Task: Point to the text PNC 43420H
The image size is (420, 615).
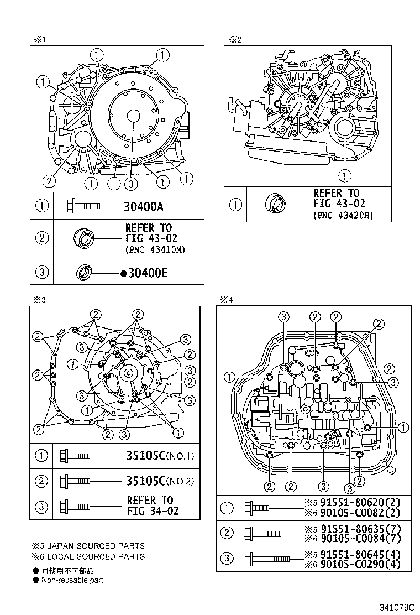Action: pos(343,215)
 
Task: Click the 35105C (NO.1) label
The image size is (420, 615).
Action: pos(160,457)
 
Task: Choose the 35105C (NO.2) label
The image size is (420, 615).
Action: pos(160,481)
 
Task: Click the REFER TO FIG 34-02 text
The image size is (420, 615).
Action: pos(153,506)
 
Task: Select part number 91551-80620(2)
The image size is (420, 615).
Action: pos(358,503)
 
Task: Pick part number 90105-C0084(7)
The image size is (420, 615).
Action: pos(358,538)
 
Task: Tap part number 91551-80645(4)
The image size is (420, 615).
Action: pos(358,555)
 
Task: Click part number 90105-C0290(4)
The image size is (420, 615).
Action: pos(358,565)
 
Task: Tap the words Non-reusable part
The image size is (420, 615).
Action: pos(72,580)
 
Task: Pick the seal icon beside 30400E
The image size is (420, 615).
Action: pos(84,273)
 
